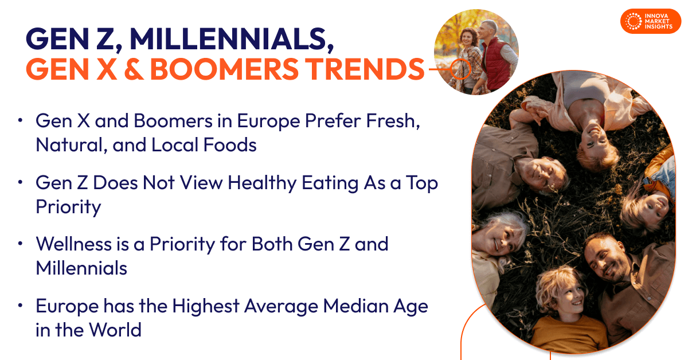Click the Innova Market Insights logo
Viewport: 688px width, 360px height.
pyautogui.click(x=650, y=21)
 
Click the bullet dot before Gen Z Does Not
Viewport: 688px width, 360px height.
pyautogui.click(x=21, y=182)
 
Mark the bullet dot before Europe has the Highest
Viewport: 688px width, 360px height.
pyautogui.click(x=21, y=306)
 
